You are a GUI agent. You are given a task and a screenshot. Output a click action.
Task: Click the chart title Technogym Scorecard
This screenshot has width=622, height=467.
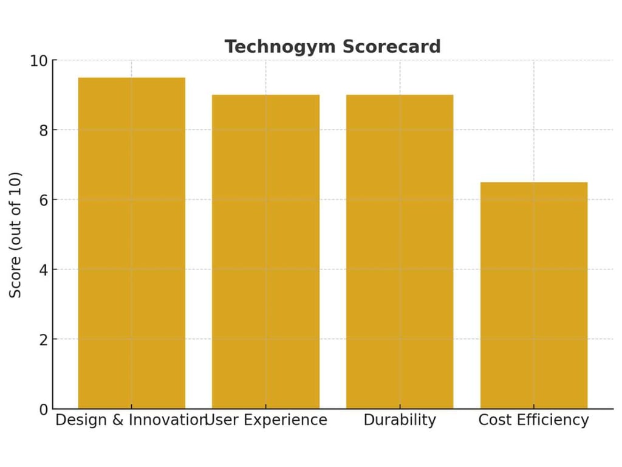[x=332, y=47]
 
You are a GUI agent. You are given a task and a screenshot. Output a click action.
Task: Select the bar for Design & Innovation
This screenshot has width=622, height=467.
[x=132, y=243]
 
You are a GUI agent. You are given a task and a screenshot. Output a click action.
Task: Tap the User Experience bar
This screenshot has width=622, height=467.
[x=265, y=252]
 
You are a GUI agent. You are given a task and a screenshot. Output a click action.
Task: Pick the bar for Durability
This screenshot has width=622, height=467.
[x=400, y=252]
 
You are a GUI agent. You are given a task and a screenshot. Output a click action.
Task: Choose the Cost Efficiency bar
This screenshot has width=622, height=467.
[x=534, y=296]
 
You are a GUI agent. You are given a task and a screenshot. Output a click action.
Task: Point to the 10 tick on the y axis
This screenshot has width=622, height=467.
[x=38, y=61]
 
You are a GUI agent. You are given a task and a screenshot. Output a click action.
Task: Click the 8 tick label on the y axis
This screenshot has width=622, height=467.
[x=43, y=130]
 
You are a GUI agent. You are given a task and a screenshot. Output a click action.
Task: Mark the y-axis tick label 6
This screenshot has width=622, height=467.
[x=43, y=200]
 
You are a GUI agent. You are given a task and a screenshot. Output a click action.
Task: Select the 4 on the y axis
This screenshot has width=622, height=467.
[x=43, y=269]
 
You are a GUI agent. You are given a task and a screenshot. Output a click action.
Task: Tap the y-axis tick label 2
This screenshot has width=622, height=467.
[x=43, y=339]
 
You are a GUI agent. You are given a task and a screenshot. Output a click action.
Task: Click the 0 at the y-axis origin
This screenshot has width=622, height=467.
[x=43, y=409]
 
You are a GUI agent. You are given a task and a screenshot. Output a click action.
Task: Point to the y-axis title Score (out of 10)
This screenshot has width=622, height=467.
[x=16, y=235]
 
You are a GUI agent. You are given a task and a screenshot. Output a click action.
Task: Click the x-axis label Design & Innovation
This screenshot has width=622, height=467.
[x=131, y=420]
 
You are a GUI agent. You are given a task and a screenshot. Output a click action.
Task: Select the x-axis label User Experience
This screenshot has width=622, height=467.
[x=267, y=420]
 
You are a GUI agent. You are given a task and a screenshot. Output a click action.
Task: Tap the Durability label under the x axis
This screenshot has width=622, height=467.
[x=400, y=420]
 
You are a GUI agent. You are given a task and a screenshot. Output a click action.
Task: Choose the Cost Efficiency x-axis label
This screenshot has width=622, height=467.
[x=534, y=420]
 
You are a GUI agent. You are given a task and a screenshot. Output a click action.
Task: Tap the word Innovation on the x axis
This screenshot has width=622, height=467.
[x=172, y=420]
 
